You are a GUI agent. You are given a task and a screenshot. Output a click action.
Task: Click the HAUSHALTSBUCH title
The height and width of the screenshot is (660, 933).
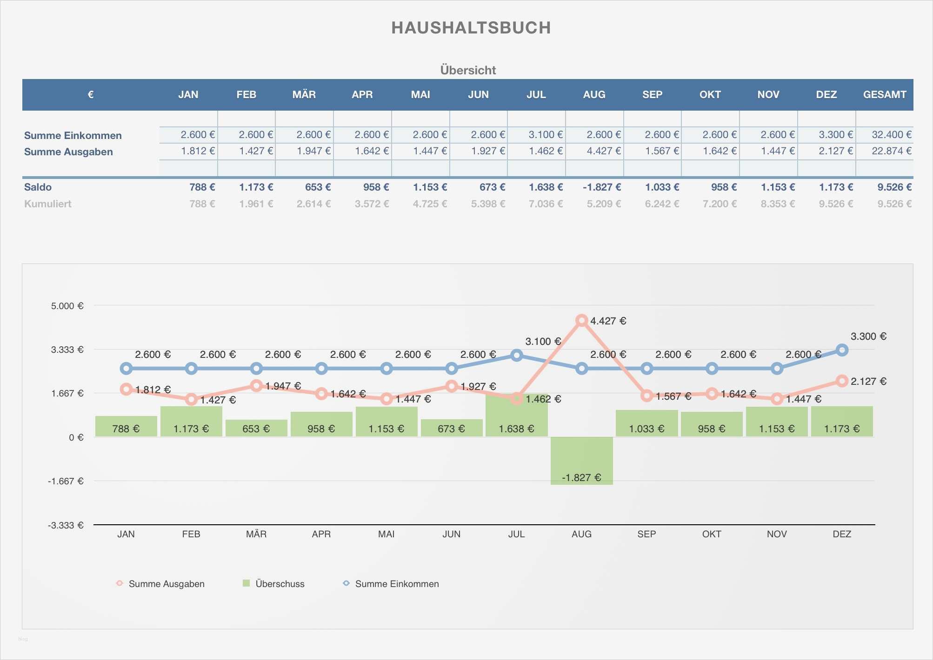(471, 28)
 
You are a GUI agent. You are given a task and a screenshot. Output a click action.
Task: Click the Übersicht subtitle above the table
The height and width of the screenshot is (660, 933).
(468, 70)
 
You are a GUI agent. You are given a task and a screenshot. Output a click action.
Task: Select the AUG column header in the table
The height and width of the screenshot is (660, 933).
(594, 95)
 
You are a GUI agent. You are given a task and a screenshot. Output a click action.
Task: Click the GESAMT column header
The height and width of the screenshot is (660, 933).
(884, 95)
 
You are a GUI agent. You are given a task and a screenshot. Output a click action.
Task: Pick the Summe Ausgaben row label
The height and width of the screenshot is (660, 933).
(68, 152)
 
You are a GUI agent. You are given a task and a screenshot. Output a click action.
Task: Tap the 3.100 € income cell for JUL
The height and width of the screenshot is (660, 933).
(545, 135)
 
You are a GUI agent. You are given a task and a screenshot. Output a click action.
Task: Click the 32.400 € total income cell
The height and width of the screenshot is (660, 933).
(891, 135)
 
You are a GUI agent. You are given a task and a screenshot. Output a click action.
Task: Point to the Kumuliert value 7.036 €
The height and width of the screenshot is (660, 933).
(545, 204)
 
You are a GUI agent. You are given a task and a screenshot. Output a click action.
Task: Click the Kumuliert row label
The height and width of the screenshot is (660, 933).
(47, 204)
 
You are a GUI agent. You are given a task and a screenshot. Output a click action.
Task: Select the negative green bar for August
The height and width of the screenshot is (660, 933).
(581, 460)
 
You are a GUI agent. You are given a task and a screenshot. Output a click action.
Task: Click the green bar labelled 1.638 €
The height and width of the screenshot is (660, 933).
(516, 416)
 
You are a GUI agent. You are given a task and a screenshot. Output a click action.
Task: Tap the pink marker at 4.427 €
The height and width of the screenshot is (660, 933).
(581, 320)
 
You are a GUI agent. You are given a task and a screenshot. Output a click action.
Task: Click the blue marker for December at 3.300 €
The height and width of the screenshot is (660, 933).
(842, 350)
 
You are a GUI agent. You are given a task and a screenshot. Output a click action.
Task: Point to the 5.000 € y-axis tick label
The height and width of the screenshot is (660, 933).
(67, 306)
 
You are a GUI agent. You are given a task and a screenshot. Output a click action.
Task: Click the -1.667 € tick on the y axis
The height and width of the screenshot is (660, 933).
(66, 481)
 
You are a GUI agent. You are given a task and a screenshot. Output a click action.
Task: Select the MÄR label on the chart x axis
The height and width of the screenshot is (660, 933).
(256, 534)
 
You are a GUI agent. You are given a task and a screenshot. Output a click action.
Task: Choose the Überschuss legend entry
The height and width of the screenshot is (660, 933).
(279, 584)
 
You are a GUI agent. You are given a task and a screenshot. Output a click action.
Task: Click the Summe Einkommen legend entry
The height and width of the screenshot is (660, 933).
(396, 584)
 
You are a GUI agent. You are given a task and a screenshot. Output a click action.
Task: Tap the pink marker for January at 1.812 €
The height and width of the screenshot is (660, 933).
(126, 389)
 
